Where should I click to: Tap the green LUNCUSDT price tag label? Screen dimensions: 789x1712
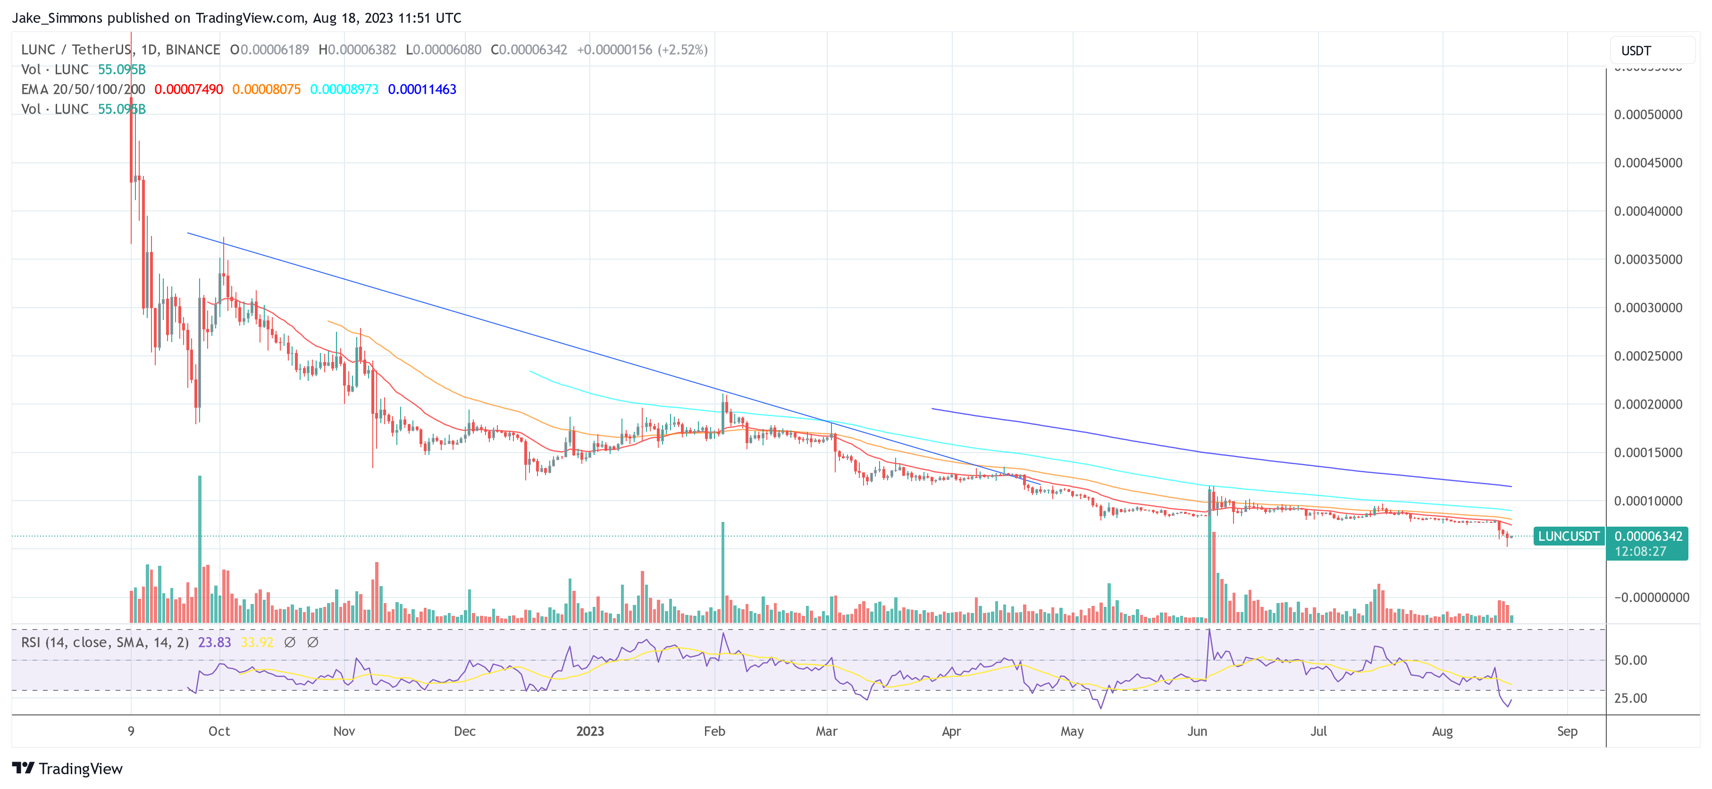[1569, 536]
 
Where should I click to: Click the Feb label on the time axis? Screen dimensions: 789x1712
[714, 731]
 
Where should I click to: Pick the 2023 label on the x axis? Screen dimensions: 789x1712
[589, 731]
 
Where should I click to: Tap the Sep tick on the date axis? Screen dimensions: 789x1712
[1567, 731]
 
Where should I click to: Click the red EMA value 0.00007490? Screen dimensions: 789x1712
[189, 89]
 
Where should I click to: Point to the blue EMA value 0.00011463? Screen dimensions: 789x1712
[422, 89]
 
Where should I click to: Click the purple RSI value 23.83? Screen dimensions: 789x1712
[214, 642]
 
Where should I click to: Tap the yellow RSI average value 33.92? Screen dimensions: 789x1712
[257, 642]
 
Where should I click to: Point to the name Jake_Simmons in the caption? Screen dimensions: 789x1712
[57, 18]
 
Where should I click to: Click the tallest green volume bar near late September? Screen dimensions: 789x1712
[200, 548]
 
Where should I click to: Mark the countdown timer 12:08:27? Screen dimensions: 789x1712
[1640, 552]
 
